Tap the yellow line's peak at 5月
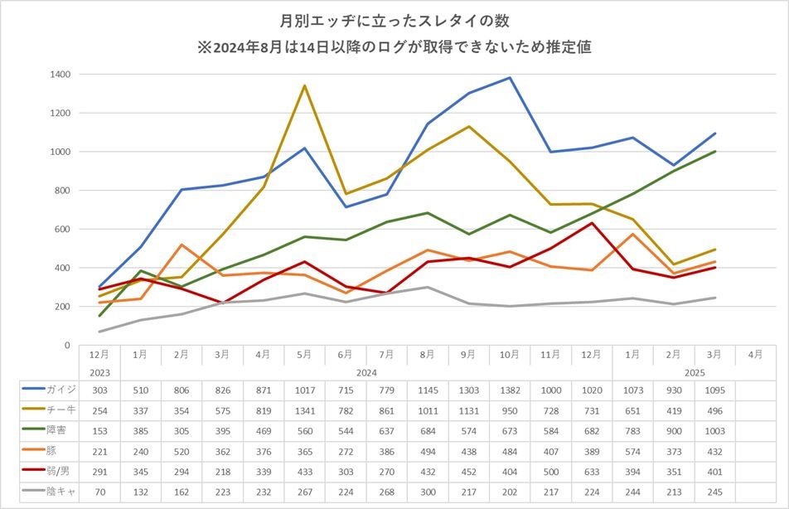(305, 85)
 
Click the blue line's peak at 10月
(510, 78)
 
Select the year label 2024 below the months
(366, 372)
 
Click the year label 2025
(694, 372)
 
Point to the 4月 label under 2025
(755, 355)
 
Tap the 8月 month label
(428, 355)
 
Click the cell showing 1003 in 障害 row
(714, 431)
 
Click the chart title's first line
(394, 18)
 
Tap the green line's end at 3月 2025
(714, 151)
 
